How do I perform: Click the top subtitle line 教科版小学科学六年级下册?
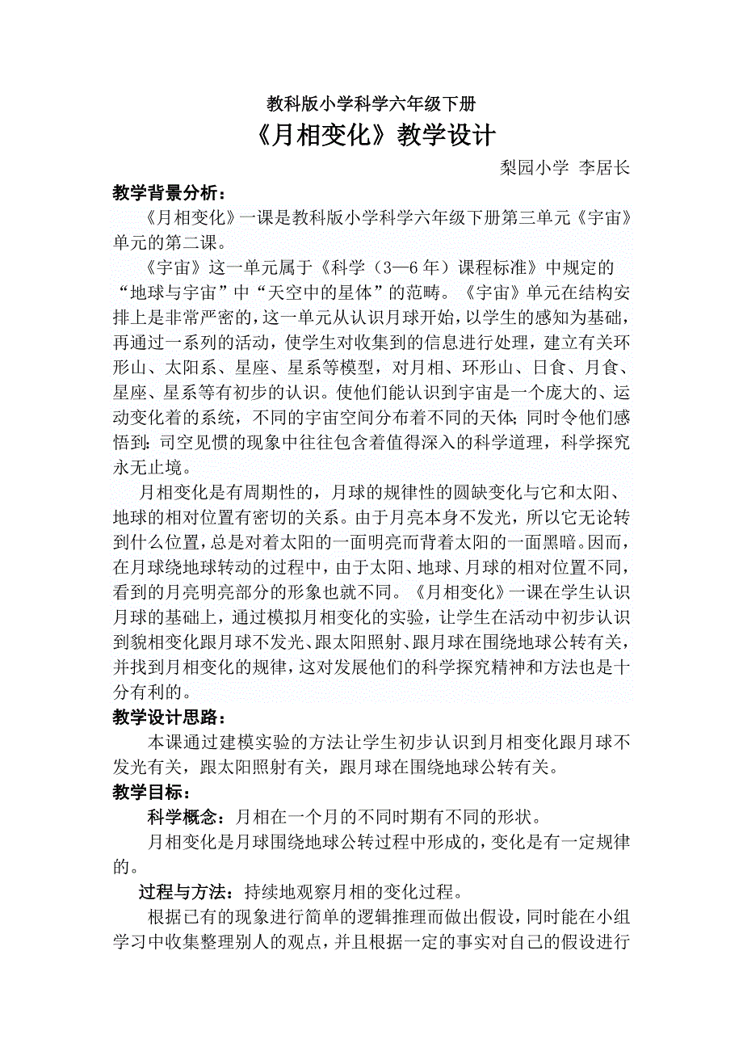click(371, 104)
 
